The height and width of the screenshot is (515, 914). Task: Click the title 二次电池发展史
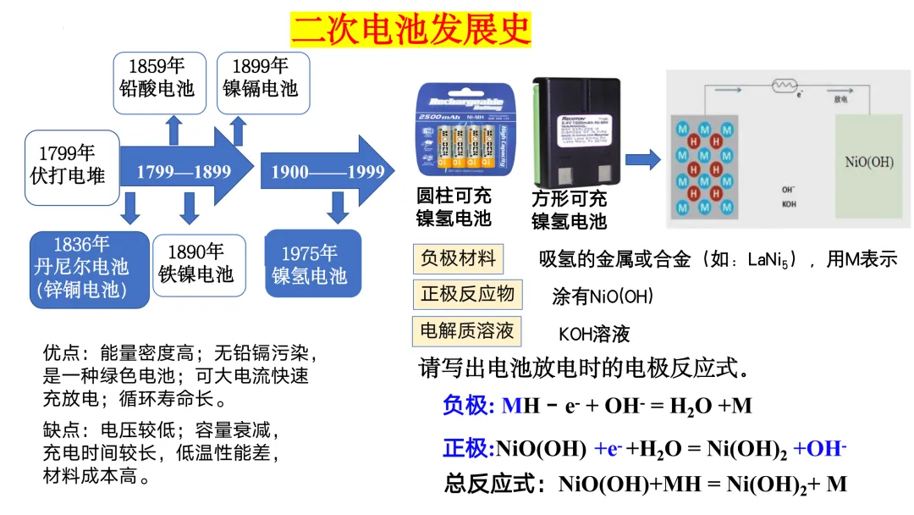click(x=410, y=29)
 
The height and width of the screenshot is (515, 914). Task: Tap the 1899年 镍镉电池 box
click(x=262, y=82)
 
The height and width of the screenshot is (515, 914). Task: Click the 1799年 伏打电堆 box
click(x=71, y=167)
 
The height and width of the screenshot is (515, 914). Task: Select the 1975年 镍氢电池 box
click(x=312, y=263)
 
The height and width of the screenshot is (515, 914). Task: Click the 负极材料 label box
click(x=458, y=258)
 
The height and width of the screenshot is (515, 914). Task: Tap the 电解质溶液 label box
click(x=467, y=329)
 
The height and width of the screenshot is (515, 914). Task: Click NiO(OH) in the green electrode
click(x=868, y=162)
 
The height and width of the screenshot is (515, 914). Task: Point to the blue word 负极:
click(x=468, y=406)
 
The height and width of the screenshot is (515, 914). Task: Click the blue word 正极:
click(x=468, y=447)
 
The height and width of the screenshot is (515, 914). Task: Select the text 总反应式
click(x=493, y=485)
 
